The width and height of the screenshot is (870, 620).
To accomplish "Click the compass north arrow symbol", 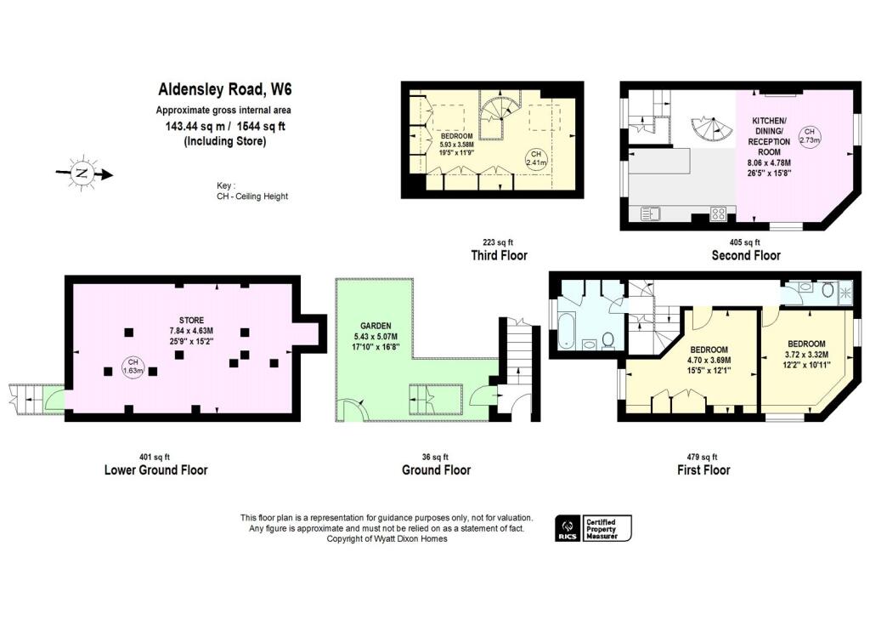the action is pos(83,173).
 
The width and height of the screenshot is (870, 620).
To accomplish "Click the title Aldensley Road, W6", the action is pos(224,89).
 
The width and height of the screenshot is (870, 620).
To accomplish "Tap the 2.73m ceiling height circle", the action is pos(809,135).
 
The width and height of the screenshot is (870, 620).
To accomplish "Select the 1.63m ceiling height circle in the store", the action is pos(133,367).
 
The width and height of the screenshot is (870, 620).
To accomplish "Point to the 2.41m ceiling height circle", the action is pos(536,158).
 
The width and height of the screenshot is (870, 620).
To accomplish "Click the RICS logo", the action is pos(568,528).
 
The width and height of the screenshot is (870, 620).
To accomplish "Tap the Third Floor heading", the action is pos(499,255).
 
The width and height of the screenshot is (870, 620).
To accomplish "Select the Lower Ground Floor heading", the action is pos(156,470).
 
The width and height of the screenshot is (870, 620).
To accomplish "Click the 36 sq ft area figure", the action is pos(435,458).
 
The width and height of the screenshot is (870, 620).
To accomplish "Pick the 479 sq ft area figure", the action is pos(702,458).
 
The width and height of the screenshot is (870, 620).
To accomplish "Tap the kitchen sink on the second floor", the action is pos(649,213).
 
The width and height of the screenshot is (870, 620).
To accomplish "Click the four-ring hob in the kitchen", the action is pos(718,213).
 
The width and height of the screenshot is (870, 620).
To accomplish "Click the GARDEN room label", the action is pos(376,326).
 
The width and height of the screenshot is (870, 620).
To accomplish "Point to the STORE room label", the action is pos(191,321).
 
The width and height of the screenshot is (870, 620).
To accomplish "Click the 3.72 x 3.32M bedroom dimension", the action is pos(806,355).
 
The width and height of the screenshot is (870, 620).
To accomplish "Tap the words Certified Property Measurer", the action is pos(602,528).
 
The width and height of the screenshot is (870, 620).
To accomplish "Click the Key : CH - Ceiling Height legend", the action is pos(252,191).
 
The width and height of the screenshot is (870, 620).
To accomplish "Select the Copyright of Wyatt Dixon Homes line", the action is pos(387,539).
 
